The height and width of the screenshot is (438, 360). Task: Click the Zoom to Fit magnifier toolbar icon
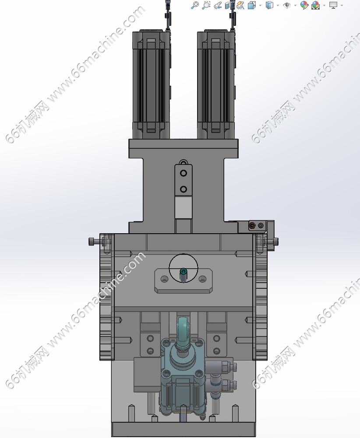click(194, 5)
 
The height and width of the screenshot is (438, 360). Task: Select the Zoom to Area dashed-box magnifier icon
click(206, 5)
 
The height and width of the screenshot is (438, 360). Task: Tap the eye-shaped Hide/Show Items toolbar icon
click(286, 5)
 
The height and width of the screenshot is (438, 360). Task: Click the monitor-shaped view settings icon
click(333, 5)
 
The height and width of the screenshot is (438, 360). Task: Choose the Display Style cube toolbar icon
click(269, 5)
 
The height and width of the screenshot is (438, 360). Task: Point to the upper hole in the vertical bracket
click(184, 173)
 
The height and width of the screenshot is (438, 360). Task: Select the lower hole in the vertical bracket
click(184, 189)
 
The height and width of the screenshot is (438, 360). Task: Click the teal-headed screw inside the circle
click(184, 271)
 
